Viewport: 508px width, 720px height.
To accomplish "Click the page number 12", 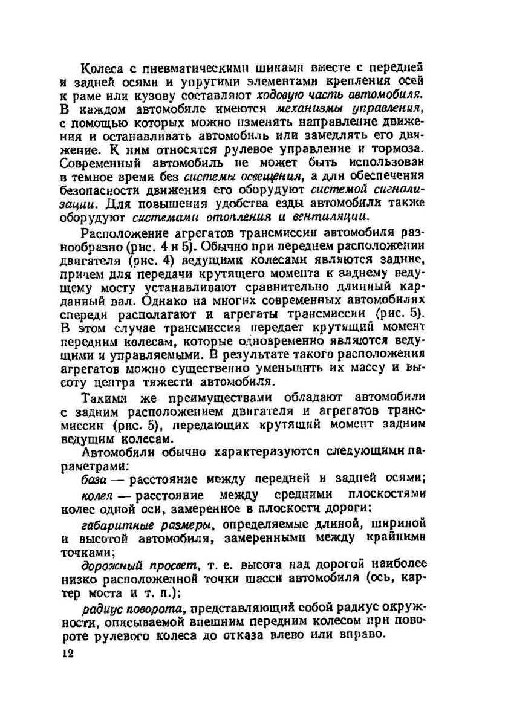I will coord(67,655).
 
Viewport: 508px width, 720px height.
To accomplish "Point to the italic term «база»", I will coord(94,479).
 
